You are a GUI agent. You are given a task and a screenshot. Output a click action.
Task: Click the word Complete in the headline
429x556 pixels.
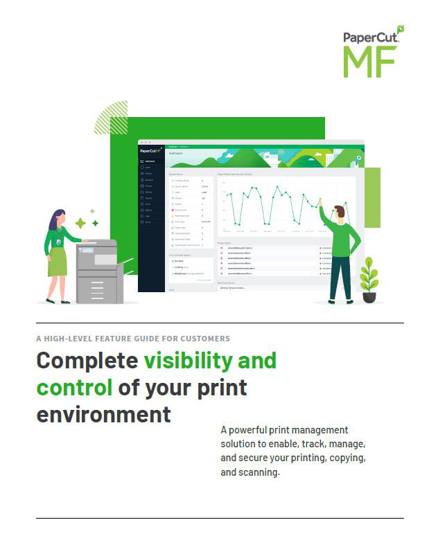click(x=87, y=361)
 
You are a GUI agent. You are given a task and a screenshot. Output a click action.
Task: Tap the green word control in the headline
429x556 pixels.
click(x=74, y=386)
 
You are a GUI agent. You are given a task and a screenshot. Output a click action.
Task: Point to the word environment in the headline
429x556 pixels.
click(x=103, y=413)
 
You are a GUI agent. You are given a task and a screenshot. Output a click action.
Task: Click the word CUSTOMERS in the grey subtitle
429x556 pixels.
click(x=201, y=339)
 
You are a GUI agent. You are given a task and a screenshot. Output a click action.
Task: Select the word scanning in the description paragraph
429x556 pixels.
click(x=259, y=473)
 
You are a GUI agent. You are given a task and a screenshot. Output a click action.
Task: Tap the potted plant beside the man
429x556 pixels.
click(x=369, y=280)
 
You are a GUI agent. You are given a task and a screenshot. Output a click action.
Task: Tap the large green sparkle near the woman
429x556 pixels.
click(x=80, y=223)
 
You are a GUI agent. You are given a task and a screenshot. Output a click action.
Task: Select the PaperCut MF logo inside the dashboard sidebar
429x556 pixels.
click(x=150, y=150)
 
